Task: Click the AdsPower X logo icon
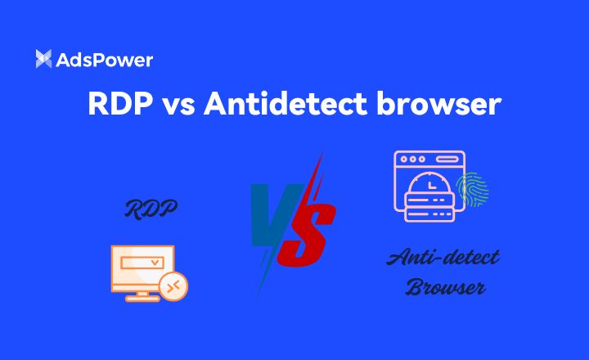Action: pyautogui.click(x=43, y=59)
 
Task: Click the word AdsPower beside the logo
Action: pyautogui.click(x=104, y=59)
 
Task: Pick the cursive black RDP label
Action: pyautogui.click(x=151, y=209)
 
